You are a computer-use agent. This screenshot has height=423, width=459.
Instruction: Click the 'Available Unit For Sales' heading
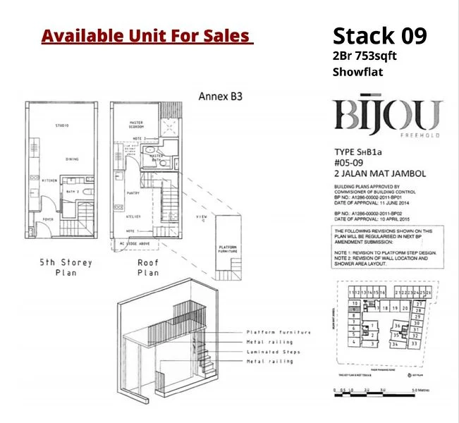(x=147, y=35)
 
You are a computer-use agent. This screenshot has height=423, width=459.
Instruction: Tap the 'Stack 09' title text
(x=379, y=35)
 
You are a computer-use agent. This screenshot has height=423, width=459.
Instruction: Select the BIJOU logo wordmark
(x=387, y=116)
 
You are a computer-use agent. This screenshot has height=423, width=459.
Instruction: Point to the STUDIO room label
(x=62, y=126)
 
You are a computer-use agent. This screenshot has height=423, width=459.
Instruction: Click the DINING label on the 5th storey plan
(x=73, y=160)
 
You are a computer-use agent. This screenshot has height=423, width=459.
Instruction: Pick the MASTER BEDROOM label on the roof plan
(x=137, y=125)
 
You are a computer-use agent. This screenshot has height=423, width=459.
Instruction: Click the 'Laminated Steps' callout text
(x=273, y=352)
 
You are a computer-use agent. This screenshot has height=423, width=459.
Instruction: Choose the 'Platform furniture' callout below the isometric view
(x=278, y=332)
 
